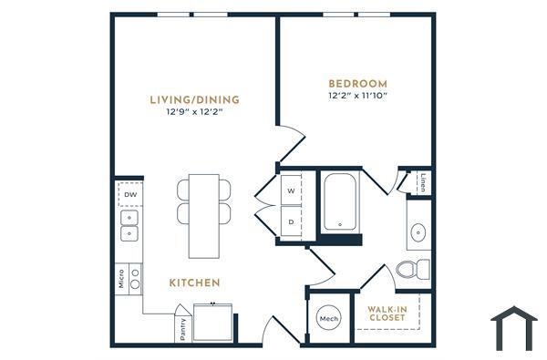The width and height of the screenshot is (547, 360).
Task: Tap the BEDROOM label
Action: coord(357,82)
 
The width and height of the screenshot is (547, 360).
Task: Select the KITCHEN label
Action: coord(194,283)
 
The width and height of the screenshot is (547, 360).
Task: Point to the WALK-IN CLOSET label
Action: coord(387,314)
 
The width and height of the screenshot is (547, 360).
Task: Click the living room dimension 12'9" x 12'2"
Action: coord(194,114)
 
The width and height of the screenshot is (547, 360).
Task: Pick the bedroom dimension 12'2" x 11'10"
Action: coord(357,95)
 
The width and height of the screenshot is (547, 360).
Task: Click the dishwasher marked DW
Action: coord(130,194)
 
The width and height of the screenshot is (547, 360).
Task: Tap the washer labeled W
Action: coord(292,191)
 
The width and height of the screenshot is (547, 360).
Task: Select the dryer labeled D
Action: coord(292,221)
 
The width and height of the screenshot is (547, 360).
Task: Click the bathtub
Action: coord(341,202)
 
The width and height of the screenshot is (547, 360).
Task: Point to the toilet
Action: coord(414,268)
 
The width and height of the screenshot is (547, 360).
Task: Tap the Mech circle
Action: coord(329,319)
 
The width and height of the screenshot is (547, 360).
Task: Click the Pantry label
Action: coord(183,328)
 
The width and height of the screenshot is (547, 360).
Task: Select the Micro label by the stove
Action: coord(121,278)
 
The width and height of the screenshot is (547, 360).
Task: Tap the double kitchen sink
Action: coord(130,228)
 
